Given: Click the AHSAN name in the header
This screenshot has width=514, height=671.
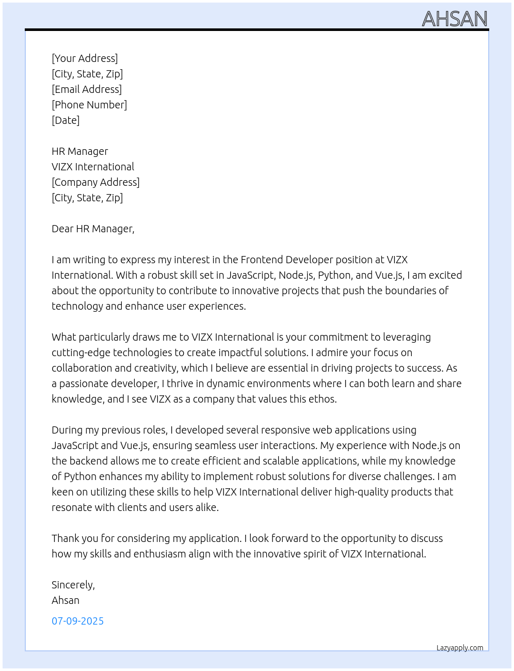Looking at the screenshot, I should click(x=455, y=19).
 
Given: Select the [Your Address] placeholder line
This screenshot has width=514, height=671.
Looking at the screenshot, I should click(x=85, y=58).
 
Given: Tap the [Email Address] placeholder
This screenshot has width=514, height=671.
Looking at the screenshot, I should click(x=87, y=89).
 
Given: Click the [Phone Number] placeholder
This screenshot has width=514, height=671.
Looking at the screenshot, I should click(x=89, y=105).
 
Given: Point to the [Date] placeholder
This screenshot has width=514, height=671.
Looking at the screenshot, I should click(x=66, y=120).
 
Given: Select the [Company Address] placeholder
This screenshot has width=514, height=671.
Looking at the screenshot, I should click(x=95, y=182).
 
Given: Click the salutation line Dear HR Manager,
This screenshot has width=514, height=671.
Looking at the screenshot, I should click(x=93, y=229).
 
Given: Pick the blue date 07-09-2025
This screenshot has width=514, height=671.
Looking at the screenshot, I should click(x=77, y=621).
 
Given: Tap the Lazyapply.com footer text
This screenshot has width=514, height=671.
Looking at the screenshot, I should click(x=460, y=648).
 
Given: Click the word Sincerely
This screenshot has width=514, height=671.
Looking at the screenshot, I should click(x=73, y=585).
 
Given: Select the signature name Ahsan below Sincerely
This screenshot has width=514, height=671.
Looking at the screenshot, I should click(x=66, y=600).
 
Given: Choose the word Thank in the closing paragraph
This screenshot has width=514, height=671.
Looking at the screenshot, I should click(x=65, y=538).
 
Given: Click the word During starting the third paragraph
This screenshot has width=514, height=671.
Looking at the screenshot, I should click(x=67, y=430).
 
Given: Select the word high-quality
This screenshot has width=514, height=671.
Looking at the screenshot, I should click(x=361, y=492).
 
